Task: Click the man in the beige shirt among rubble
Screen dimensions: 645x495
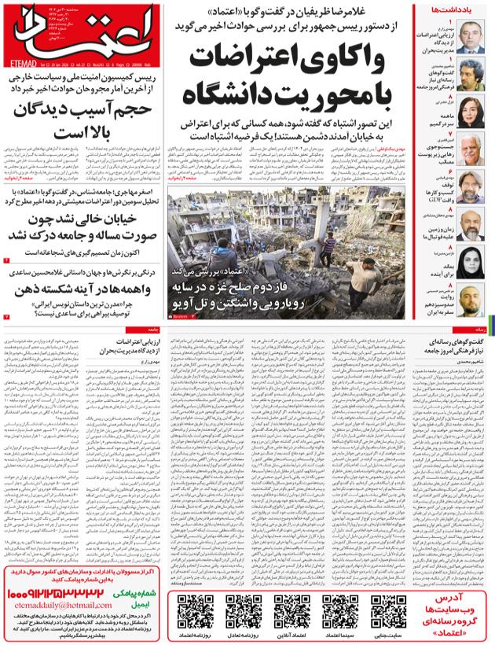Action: (331, 241)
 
